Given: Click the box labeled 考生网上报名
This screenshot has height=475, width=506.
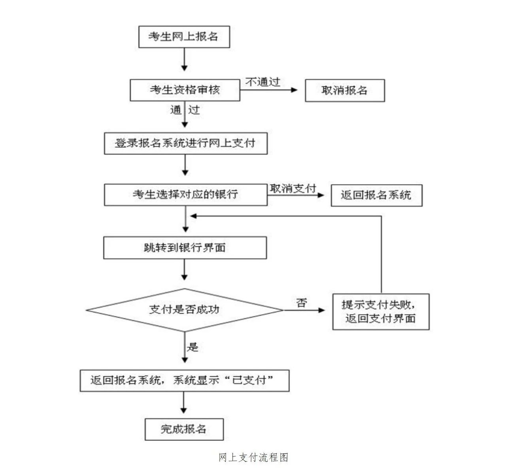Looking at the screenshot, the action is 184,37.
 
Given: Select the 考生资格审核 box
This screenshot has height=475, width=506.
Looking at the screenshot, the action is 185,90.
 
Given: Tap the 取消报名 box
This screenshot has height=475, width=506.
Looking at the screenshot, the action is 345,90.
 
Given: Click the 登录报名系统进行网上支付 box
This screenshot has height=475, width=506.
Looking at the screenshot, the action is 185,143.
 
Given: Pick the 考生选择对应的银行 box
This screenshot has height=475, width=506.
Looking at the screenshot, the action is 185,194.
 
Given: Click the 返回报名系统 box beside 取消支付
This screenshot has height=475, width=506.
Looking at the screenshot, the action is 376,195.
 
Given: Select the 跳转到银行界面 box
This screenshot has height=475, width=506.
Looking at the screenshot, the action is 185,247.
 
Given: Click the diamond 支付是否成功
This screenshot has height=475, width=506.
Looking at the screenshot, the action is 185,310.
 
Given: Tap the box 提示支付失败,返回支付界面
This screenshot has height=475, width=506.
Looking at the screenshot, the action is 381,312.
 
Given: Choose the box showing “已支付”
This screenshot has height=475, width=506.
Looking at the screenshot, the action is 184,381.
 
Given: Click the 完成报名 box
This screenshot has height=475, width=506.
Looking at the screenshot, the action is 184,429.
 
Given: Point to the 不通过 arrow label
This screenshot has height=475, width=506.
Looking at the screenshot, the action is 262,82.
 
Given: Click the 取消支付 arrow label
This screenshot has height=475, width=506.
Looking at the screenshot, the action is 293,189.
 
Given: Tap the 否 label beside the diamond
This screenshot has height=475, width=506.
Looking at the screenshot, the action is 301,303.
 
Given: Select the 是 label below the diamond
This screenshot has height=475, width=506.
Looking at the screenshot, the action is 193,347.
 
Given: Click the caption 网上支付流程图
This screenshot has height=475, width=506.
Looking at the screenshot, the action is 253,458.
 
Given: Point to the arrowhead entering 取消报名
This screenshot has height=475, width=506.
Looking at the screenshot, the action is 294,90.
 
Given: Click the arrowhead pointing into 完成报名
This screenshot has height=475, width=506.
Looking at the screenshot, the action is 183,411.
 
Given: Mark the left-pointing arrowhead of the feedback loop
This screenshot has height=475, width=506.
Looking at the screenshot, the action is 194,216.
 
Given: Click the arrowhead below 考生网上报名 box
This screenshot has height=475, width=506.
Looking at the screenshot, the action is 184,68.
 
